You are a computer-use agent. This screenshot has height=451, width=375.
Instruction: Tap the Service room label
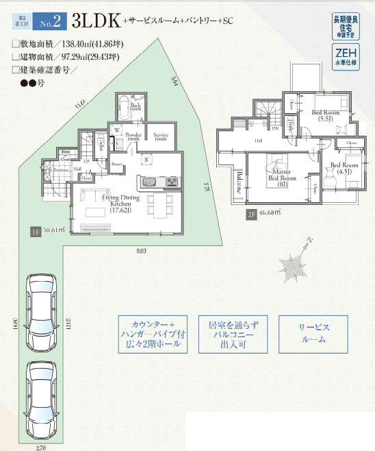161,136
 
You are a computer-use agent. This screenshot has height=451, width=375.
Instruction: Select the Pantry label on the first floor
118,165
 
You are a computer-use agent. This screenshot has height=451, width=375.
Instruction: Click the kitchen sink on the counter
150,182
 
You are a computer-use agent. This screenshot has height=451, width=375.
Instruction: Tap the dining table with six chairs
154,206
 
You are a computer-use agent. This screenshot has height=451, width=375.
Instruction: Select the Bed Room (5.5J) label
325,114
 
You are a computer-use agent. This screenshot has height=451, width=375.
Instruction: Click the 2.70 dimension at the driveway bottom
41,446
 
